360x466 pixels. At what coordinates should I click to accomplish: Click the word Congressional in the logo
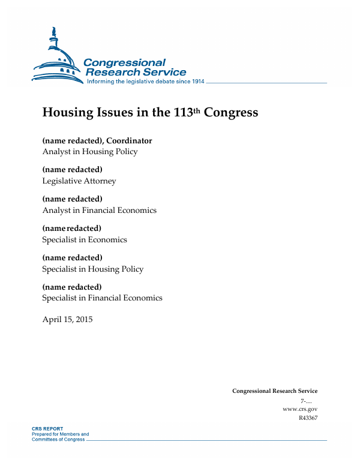[x=124, y=63]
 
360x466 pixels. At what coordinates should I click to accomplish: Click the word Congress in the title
[x=231, y=113]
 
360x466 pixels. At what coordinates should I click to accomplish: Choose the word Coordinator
[x=129, y=141]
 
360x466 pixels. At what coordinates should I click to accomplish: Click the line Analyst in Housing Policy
[x=90, y=152]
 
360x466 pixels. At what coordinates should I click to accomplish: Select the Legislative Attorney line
[x=79, y=181]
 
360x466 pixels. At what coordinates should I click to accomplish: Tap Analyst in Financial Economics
[x=99, y=210]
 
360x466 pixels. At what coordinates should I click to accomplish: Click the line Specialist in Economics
[x=85, y=239]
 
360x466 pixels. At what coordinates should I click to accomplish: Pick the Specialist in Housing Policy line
[x=93, y=269]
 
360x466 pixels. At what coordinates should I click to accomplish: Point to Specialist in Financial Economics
[x=102, y=297]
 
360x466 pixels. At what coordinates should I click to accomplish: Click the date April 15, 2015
[x=67, y=318]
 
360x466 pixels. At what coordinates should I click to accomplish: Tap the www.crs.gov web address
[x=299, y=409]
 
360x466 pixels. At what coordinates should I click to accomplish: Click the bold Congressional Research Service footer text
[x=275, y=391]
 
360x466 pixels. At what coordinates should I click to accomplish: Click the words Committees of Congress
[x=58, y=440]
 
